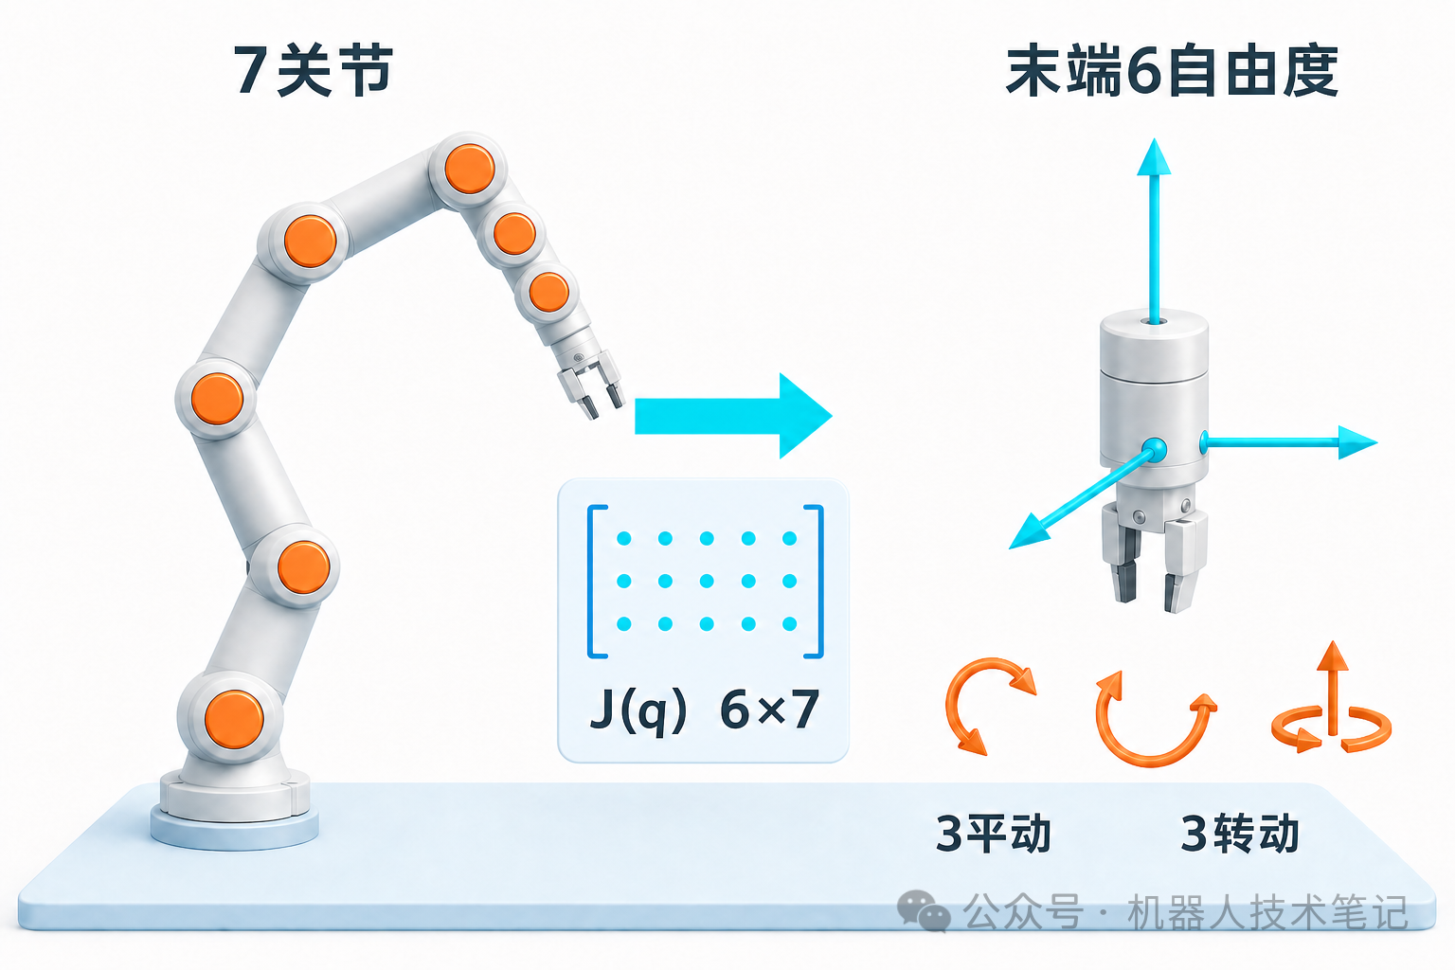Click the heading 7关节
314,70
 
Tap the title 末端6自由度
1172,71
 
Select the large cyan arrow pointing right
733,416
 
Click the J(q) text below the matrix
638,710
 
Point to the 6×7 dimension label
770,710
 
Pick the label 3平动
993,834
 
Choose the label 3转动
1240,834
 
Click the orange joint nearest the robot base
234,719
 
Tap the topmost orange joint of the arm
470,169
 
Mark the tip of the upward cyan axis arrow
1154,138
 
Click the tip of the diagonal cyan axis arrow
1010,548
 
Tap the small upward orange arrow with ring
1332,698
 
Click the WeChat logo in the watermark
923,911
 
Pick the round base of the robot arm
235,810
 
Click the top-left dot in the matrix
623,538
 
